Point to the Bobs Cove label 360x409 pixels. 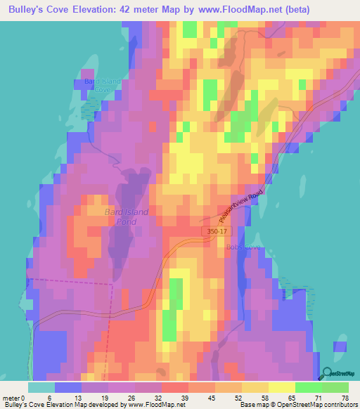point(243,247)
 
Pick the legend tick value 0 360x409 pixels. point(30,397)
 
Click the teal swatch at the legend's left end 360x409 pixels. point(41,387)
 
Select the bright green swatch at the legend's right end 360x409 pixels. point(335,387)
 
